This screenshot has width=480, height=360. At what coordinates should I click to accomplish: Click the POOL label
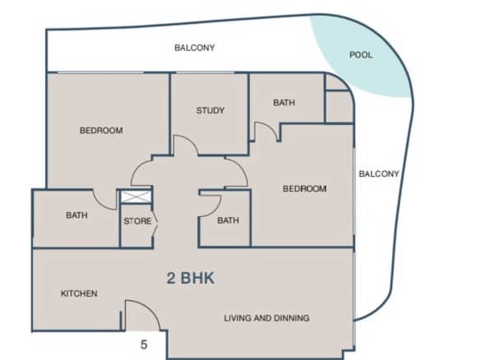point(361,55)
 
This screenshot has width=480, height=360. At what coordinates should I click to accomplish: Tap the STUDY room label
point(210,110)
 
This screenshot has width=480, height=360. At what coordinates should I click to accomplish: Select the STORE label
point(137,221)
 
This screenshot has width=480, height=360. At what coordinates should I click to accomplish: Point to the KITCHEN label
point(79,293)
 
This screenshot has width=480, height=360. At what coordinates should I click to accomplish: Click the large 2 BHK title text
point(191,278)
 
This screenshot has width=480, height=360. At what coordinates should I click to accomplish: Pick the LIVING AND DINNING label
point(266,318)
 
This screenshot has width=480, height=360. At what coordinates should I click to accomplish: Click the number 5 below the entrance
point(144,344)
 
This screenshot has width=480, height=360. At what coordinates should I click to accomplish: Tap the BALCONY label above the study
point(195,48)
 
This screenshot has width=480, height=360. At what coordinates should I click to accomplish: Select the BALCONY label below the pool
point(379,174)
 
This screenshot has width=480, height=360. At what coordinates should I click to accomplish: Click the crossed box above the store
point(136,196)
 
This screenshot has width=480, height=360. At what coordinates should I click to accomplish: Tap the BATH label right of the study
point(284,102)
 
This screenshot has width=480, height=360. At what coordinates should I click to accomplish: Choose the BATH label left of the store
point(76,215)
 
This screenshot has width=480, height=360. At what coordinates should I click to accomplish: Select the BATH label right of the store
point(228,220)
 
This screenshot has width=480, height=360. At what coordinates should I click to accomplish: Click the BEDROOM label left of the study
point(101,131)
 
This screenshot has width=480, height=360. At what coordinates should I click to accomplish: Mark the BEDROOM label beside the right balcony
point(305,188)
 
